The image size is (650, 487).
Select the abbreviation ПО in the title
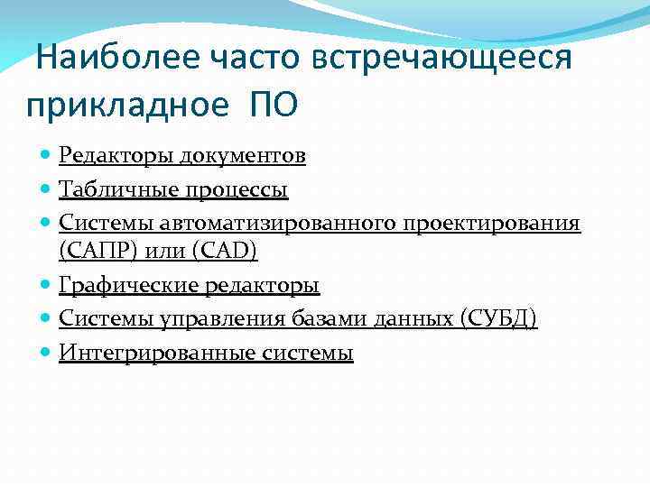[270, 106]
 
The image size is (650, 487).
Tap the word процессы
[237, 190]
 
